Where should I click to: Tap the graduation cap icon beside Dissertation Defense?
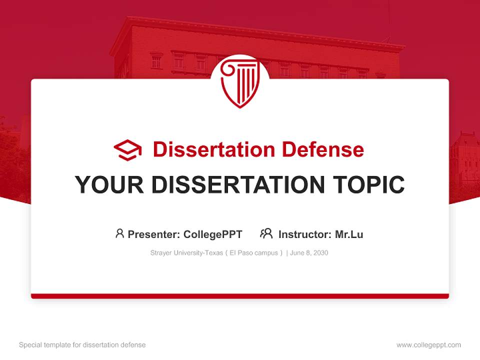coord(127,150)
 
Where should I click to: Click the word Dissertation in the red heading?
coord(214,149)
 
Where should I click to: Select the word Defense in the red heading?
coord(323,149)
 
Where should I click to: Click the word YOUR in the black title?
coord(109,184)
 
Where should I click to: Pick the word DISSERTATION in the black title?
coord(238,184)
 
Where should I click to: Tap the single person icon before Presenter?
coord(119,233)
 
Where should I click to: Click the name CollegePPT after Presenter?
coord(213,234)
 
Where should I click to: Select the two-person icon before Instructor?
coord(266,233)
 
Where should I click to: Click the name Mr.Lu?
coord(349,234)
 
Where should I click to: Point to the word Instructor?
coord(305,234)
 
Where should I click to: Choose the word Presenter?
coord(153,234)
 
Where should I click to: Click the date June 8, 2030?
coord(309,253)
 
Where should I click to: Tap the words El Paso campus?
coord(254,253)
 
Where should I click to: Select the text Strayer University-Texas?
coord(186,253)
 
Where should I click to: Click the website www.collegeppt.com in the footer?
coord(428,345)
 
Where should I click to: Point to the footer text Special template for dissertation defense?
coord(82,345)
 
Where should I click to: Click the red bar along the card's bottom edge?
coord(240,296)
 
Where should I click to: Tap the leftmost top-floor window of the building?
coord(156,61)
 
